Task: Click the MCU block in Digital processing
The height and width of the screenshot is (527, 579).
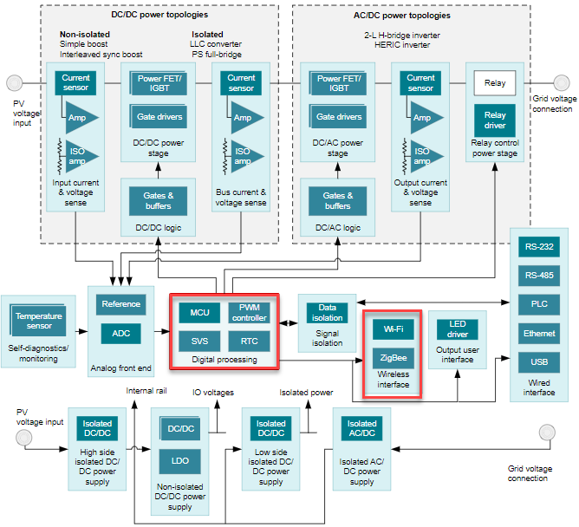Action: tap(198, 311)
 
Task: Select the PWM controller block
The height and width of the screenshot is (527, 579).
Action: tap(249, 312)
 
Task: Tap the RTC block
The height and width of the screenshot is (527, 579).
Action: tap(249, 341)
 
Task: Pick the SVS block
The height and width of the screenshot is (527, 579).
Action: tap(198, 341)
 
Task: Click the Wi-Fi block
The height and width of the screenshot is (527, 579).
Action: tap(392, 329)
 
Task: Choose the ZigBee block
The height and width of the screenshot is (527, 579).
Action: tap(392, 357)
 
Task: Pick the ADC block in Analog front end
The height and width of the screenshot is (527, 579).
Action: tap(120, 333)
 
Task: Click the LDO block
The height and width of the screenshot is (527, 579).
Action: tap(180, 461)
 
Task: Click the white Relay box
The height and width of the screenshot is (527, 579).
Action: tap(495, 84)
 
